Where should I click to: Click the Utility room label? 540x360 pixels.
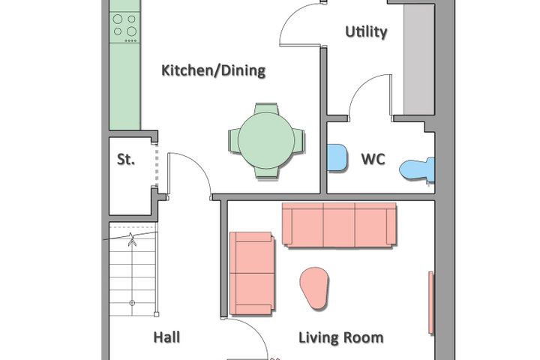click(x=366, y=32)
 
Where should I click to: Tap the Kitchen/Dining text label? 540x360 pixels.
click(x=214, y=70)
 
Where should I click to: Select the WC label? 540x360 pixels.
click(x=373, y=159)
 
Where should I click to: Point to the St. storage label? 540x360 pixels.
click(x=126, y=159)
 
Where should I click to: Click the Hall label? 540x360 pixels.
click(x=166, y=337)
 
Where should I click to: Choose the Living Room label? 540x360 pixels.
click(x=341, y=337)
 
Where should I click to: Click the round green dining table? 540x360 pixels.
click(x=266, y=141)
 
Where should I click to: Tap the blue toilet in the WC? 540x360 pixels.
click(x=418, y=169)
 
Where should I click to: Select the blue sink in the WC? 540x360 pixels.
click(x=337, y=157)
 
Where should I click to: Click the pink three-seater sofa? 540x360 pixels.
click(x=339, y=224)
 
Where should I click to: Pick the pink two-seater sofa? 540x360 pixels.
click(x=252, y=273)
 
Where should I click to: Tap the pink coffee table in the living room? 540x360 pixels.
click(x=314, y=288)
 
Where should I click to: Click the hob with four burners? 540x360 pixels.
click(x=124, y=28)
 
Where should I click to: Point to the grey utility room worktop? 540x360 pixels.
click(x=419, y=59)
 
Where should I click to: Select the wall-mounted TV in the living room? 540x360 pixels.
click(x=430, y=302)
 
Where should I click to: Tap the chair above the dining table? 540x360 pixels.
click(x=266, y=109)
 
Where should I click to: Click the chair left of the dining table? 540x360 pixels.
click(x=233, y=141)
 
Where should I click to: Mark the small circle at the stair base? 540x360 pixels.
click(x=132, y=303)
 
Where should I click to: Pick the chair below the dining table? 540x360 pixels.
click(x=266, y=173)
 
